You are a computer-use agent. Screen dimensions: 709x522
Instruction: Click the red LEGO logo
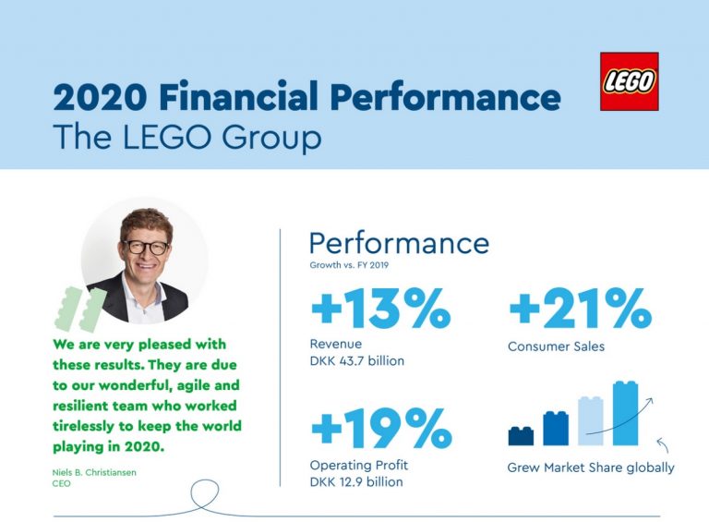[629, 81]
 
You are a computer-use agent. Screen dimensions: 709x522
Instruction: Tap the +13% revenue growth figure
[380, 308]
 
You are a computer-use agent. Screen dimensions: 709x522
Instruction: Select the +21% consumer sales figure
[580, 308]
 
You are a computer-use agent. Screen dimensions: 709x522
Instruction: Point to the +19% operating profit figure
[381, 428]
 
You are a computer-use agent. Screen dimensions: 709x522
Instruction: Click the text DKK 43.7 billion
[356, 361]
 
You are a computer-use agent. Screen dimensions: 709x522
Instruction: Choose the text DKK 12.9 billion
[356, 481]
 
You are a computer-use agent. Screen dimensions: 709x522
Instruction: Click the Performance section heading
[399, 243]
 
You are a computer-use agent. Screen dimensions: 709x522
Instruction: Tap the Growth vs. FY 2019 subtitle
[349, 265]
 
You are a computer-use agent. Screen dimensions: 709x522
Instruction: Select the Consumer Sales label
[556, 346]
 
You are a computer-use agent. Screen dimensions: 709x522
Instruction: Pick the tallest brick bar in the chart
[625, 413]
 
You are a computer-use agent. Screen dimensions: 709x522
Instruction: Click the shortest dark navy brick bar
[521, 436]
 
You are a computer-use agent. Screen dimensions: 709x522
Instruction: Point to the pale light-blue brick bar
[591, 420]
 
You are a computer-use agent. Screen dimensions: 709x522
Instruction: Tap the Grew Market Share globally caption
[591, 467]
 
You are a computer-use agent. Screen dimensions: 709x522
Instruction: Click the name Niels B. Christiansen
[94, 472]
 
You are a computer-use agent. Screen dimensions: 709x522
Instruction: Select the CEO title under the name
[62, 483]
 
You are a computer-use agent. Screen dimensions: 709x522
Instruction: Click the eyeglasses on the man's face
[145, 248]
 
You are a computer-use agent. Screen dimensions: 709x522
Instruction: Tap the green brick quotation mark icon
[80, 309]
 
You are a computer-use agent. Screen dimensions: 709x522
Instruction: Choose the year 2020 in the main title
[100, 96]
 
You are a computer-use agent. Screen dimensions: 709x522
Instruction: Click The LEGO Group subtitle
[187, 137]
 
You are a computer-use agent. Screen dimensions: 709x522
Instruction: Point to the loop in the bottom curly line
[205, 495]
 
